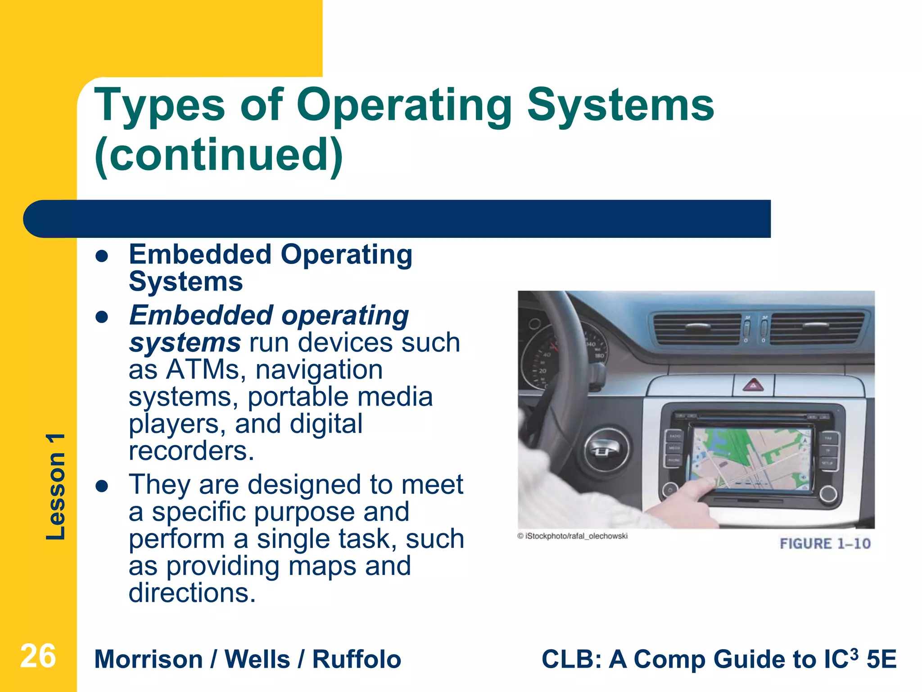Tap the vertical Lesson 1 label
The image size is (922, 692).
tap(56, 487)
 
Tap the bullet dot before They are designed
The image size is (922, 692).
tap(102, 487)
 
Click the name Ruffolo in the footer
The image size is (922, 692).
tap(357, 659)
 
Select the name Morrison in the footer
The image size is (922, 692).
tap(149, 659)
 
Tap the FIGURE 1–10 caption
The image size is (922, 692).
tap(825, 544)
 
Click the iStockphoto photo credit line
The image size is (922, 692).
tap(572, 536)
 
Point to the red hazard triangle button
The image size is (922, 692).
tap(753, 386)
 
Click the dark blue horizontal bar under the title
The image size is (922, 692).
tap(396, 219)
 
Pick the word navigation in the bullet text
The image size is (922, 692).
tap(319, 370)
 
